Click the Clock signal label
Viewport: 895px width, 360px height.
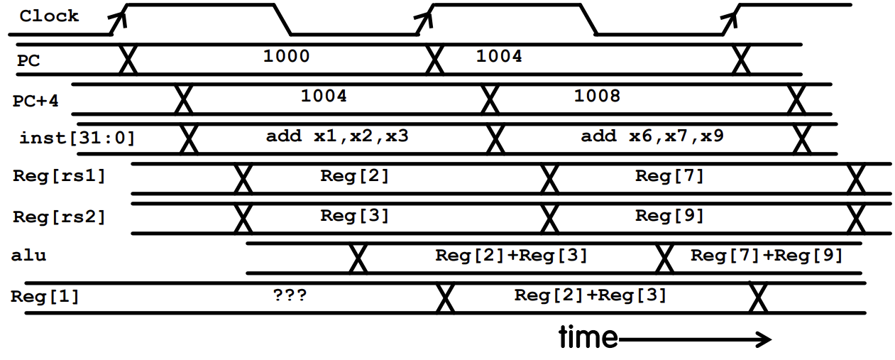click(48, 16)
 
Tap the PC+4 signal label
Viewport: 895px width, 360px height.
click(36, 101)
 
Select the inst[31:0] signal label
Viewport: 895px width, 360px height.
click(77, 137)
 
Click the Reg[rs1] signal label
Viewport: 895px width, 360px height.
click(59, 176)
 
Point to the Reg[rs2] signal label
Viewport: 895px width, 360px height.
click(59, 217)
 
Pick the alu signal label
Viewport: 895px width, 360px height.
click(28, 255)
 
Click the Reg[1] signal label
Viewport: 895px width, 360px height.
click(45, 296)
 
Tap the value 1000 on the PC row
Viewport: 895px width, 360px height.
click(286, 56)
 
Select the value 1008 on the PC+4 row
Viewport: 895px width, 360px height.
click(597, 96)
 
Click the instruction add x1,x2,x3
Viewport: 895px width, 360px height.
click(337, 136)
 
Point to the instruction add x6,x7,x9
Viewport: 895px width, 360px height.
click(652, 136)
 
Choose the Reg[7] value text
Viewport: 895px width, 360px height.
click(669, 176)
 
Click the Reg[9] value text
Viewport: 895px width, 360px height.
click(669, 215)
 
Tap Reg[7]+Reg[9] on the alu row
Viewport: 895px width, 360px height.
click(767, 255)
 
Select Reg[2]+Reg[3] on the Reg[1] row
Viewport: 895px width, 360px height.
click(591, 295)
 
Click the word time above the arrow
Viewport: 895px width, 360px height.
click(588, 337)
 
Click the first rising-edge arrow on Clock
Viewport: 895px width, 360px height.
click(121, 17)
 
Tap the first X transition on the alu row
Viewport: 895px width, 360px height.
click(358, 259)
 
